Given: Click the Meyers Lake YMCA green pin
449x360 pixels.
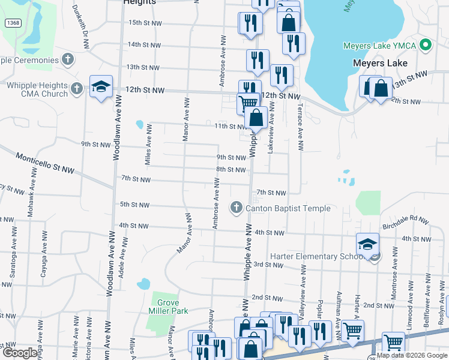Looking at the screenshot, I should tap(426, 45).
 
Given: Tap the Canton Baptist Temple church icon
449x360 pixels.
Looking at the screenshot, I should tap(236, 208).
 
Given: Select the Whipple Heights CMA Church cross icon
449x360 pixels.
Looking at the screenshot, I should tap(76, 89).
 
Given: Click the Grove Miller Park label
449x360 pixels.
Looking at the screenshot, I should tap(169, 307).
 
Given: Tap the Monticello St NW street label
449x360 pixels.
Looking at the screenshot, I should tap(45, 163).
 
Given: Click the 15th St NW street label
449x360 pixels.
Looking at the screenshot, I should tap(145, 23).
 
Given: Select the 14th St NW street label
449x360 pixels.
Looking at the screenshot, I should tap(145, 44).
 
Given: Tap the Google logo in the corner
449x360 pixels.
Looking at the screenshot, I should tap(20, 353).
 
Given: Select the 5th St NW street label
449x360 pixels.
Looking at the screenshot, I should tap(134, 205).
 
